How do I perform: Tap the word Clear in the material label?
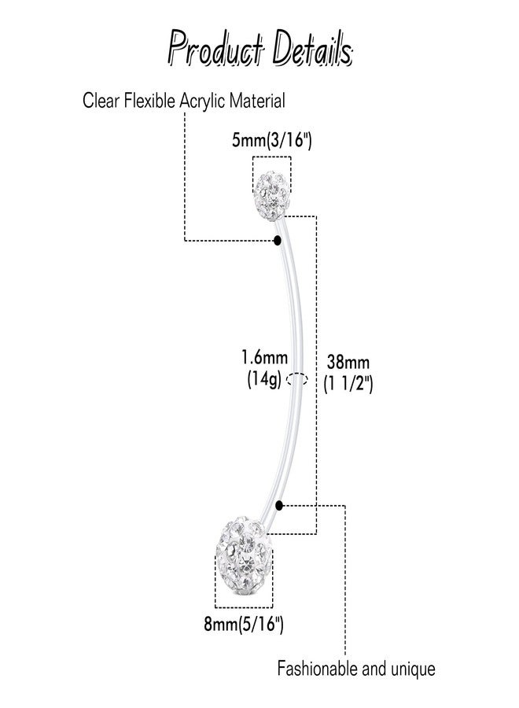(x=101, y=100)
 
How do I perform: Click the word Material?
(x=257, y=100)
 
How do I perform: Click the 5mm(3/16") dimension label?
(x=271, y=141)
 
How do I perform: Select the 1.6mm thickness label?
(x=264, y=358)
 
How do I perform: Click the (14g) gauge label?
(x=264, y=379)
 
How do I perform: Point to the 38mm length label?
(x=348, y=362)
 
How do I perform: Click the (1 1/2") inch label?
(x=348, y=384)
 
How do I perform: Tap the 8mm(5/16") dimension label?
(x=244, y=624)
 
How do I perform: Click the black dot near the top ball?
(x=278, y=240)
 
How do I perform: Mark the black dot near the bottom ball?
(x=279, y=505)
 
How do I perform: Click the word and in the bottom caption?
(x=374, y=669)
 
